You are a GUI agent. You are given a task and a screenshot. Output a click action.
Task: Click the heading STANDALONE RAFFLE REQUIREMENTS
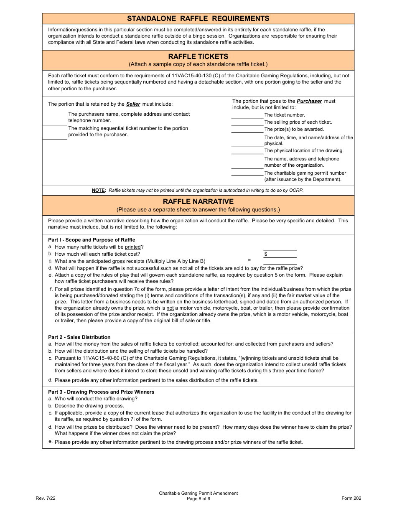pyautogui.click(x=198, y=18)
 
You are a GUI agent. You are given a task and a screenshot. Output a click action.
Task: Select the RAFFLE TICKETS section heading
pyautogui.click(x=198, y=56)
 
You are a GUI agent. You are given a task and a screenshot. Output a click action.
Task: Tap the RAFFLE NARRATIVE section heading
pyautogui.click(x=198, y=201)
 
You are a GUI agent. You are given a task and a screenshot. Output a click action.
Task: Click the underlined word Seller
pyautogui.click(x=133, y=104)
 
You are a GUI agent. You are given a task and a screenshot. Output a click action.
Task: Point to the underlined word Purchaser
pyautogui.click(x=309, y=101)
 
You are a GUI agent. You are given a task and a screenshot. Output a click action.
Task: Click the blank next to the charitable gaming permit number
pyautogui.click(x=247, y=173)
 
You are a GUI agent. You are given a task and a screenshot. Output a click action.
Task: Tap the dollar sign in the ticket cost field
pyautogui.click(x=266, y=254)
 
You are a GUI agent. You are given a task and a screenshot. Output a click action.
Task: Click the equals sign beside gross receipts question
pyautogui.click(x=249, y=260)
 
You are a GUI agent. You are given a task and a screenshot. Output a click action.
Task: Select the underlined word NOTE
pyautogui.click(x=98, y=190)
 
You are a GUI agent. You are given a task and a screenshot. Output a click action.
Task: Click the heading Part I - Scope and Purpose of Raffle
pyautogui.click(x=92, y=240)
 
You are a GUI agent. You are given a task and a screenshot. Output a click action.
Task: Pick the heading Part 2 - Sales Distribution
pyautogui.click(x=79, y=337)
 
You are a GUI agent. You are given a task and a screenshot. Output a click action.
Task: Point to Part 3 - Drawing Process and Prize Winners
pyautogui.click(x=101, y=392)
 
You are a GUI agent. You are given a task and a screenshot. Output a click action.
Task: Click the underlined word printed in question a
pyautogui.click(x=132, y=247)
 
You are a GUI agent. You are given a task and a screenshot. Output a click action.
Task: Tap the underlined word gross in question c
pyautogui.click(x=118, y=261)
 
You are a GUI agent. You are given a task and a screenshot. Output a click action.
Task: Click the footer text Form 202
pyautogui.click(x=351, y=498)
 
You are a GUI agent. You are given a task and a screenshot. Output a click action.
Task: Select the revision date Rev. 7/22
pyautogui.click(x=46, y=498)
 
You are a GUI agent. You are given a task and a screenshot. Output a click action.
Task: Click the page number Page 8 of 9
pyautogui.click(x=198, y=499)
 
